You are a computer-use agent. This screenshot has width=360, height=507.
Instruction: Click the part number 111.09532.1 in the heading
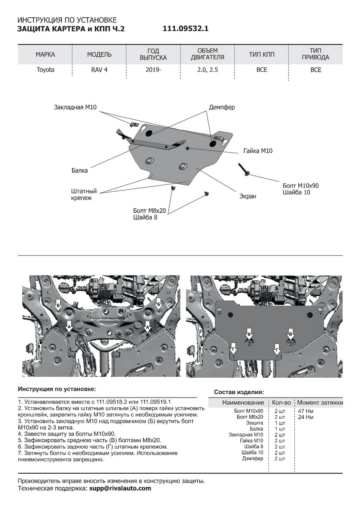(x=185, y=29)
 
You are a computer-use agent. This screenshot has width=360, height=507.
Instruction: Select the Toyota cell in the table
(x=45, y=70)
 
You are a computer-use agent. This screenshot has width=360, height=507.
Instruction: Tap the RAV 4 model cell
(x=99, y=70)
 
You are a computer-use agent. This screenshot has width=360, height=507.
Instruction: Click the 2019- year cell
(x=153, y=70)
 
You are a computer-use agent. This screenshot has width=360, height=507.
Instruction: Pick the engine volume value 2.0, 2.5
(x=207, y=70)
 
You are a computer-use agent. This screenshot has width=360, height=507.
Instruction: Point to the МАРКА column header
(x=45, y=55)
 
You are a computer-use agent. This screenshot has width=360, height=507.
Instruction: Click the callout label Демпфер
(x=222, y=107)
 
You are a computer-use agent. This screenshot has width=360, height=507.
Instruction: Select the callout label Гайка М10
(x=258, y=150)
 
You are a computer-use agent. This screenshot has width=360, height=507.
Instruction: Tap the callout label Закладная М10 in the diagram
(x=76, y=107)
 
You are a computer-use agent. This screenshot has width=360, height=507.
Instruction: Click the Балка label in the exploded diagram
(x=79, y=171)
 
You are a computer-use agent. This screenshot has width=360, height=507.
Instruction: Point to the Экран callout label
(x=248, y=196)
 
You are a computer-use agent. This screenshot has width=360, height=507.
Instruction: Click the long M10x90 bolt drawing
(x=244, y=169)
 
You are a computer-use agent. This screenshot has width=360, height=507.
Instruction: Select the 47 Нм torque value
(x=306, y=411)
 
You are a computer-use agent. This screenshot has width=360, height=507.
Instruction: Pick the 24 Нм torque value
(x=306, y=417)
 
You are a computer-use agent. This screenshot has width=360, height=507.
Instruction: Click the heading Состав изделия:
(x=239, y=392)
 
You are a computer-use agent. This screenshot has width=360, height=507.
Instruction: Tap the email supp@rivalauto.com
(x=120, y=488)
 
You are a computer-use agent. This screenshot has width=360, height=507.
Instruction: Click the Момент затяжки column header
(x=320, y=403)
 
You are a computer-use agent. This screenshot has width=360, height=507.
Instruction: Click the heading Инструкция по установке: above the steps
(x=57, y=389)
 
